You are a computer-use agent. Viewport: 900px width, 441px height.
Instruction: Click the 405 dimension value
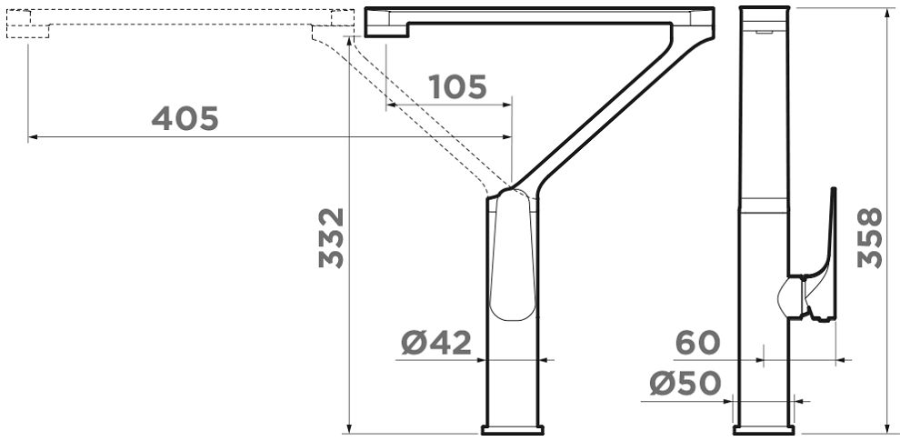point(185,118)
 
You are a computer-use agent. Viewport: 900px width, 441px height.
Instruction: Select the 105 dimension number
point(457,86)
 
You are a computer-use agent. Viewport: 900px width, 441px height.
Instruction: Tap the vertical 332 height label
point(331,237)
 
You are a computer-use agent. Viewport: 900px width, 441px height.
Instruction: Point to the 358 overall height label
point(870,237)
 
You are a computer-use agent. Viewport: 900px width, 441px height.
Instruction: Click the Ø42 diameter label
point(436,343)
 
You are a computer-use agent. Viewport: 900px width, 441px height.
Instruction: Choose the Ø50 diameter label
point(685,384)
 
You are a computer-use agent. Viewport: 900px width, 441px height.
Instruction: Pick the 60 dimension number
point(697,343)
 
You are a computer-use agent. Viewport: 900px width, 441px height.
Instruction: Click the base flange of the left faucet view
point(512,430)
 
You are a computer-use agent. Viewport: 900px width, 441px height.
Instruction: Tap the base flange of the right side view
point(764,430)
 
